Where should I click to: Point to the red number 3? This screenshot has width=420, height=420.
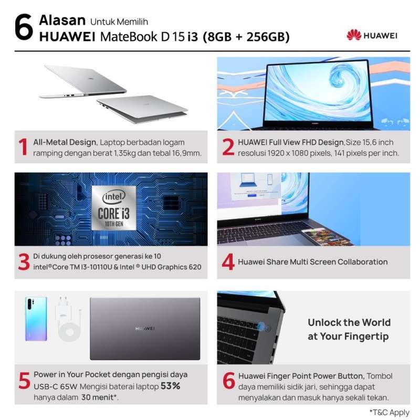pos(23,262)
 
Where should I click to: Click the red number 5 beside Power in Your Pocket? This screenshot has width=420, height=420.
pos(23,381)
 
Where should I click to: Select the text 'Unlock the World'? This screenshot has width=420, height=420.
pos(349,322)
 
